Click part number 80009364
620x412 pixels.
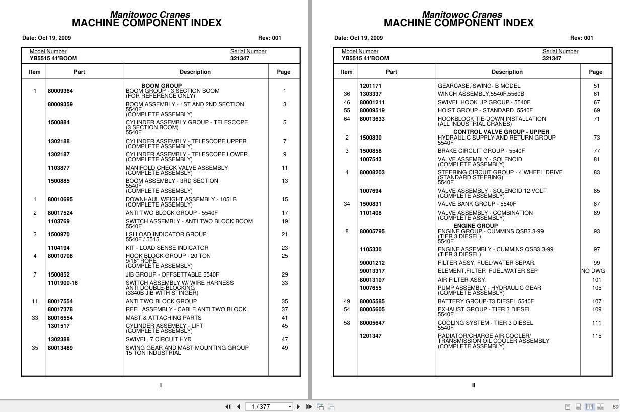pos(60,91)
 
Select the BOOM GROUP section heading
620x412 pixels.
pos(162,86)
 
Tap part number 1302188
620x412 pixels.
pos(59,142)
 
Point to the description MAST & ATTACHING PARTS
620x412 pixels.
pos(164,318)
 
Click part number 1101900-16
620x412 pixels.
pos(63,283)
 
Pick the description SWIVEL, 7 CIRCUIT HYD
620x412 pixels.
pos(159,339)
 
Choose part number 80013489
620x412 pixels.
pos(60,348)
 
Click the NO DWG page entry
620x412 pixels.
pos(593,271)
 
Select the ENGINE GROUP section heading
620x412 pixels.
pos(476,226)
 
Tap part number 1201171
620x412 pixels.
pos(370,86)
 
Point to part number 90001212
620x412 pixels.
pos(372,263)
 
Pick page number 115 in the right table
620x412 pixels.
pos(597,336)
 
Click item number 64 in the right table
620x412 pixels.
pos(347,119)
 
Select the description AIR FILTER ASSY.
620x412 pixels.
pos(462,280)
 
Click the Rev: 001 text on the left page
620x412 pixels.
pos(270,38)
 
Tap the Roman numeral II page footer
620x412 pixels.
pos(474,385)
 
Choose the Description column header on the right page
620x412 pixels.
pos(507,72)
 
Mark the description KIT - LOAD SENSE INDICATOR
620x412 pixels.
pos(167,248)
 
